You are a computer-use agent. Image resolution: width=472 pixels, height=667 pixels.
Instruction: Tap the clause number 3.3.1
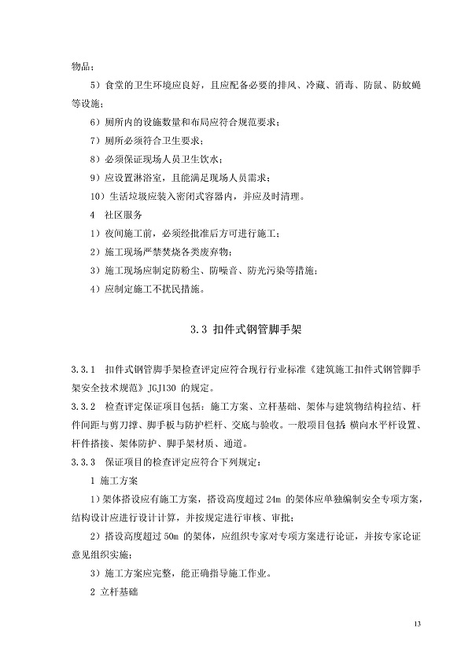82,369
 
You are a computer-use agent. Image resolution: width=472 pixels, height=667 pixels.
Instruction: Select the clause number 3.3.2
82,407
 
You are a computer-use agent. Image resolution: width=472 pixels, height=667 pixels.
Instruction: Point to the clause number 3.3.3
82,460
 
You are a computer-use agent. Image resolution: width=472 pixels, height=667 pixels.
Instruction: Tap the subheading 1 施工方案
112,479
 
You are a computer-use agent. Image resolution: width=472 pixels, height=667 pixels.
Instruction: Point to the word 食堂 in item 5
117,84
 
